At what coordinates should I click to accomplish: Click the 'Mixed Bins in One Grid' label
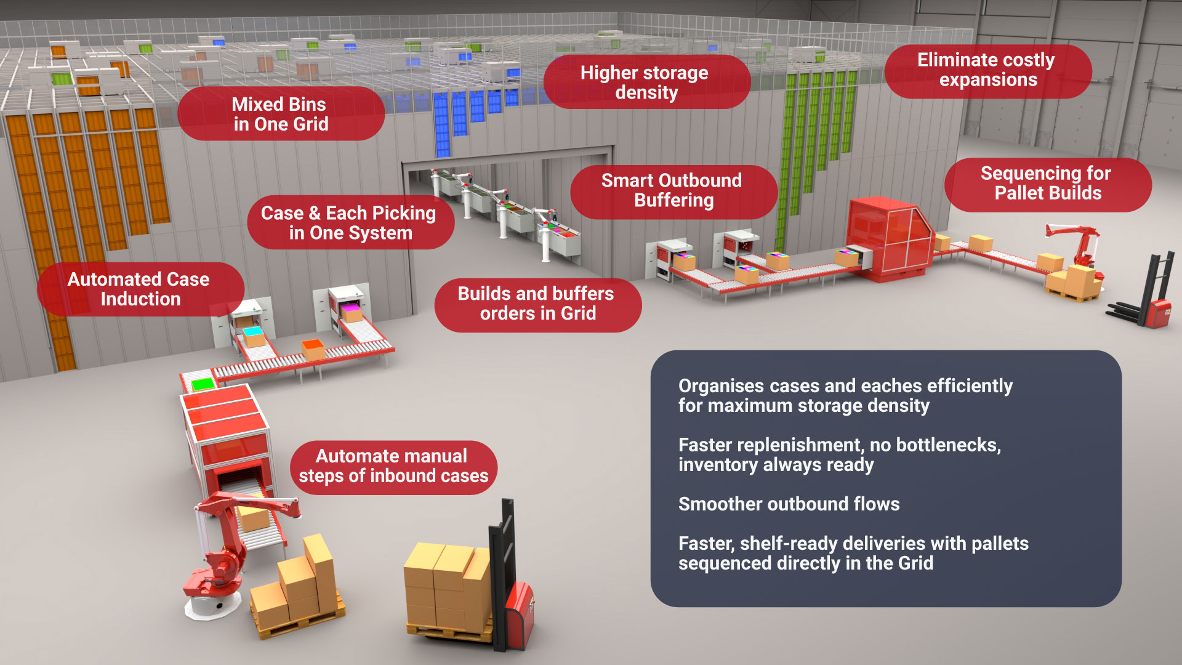(x=281, y=114)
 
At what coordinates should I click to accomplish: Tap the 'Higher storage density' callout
(x=646, y=82)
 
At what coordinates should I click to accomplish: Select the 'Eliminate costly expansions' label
(x=987, y=70)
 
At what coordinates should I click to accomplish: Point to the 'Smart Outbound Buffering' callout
(x=673, y=190)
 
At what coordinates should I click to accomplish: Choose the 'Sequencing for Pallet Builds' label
(x=1047, y=183)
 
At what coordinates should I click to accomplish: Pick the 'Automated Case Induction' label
(x=140, y=289)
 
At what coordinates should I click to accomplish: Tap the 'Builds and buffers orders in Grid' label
(x=537, y=304)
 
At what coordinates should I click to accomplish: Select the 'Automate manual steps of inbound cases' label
(x=393, y=466)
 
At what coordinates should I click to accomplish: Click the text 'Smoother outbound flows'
(x=789, y=504)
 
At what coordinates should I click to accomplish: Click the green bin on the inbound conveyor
(x=202, y=384)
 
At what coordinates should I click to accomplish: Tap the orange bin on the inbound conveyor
(x=313, y=349)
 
